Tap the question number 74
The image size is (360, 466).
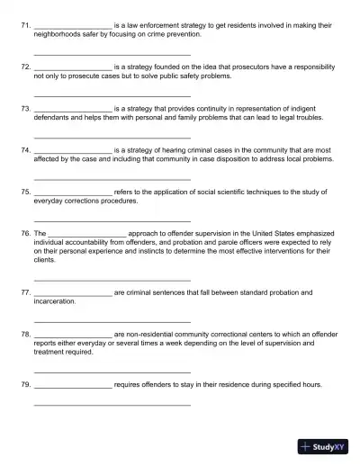click(24, 150)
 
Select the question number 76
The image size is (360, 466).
click(24, 233)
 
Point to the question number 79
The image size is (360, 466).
click(24, 384)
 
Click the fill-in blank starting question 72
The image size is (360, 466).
click(73, 68)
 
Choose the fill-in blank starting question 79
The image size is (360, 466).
click(73, 386)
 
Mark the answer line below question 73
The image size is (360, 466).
click(112, 136)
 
